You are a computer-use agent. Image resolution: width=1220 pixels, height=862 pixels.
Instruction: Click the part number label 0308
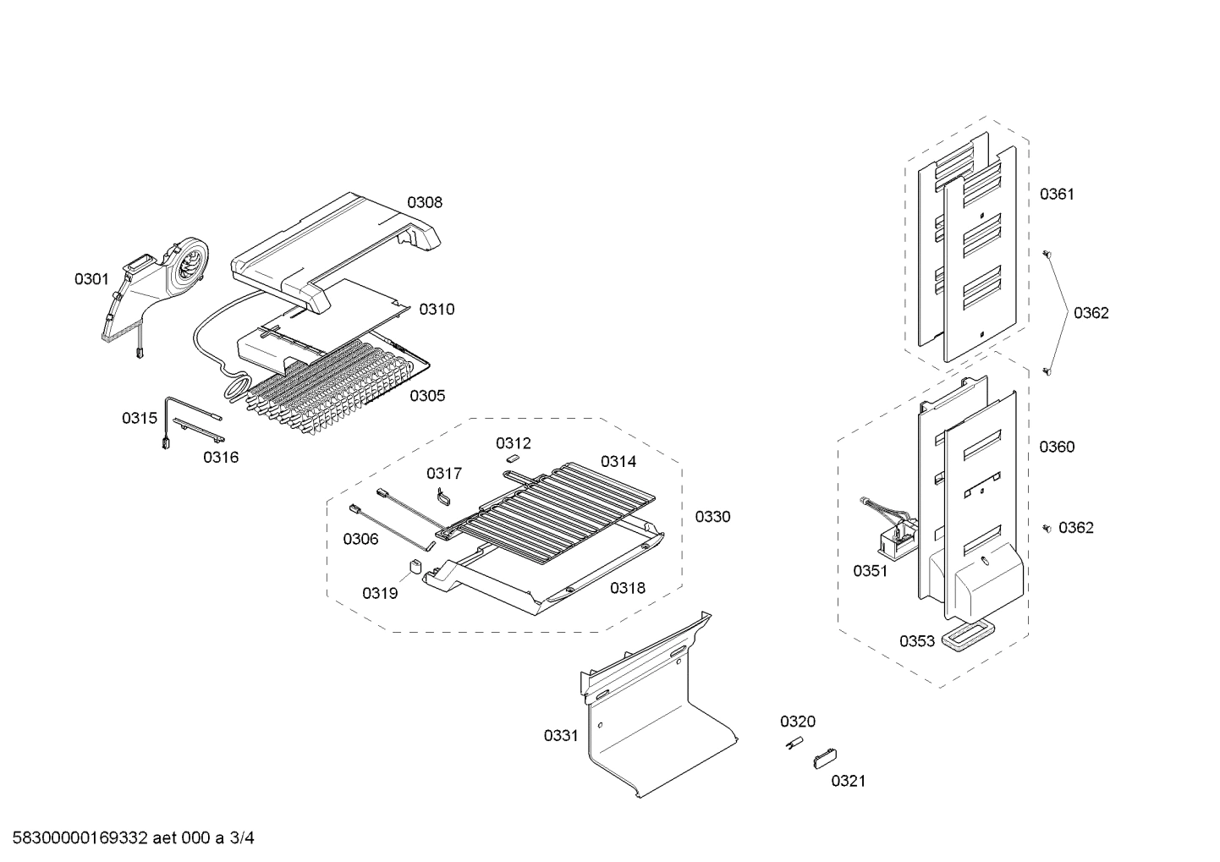pos(424,202)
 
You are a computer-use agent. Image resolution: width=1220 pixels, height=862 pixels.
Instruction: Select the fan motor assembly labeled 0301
pos(157,288)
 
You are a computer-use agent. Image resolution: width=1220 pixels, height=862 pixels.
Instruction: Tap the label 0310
pos(437,309)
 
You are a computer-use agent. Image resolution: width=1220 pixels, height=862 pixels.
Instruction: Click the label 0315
pos(139,418)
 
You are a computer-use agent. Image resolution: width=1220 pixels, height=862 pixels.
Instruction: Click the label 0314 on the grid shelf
pos(618,461)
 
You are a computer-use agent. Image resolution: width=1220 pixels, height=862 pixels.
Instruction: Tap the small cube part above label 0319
pos(415,566)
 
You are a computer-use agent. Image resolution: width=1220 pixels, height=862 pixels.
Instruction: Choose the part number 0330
pos(712,516)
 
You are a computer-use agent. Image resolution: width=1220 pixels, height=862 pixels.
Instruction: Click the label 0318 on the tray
pos(627,587)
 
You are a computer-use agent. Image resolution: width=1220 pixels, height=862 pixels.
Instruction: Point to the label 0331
pos(561,735)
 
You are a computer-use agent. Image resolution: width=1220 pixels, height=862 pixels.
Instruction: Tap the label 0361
pos(1057,194)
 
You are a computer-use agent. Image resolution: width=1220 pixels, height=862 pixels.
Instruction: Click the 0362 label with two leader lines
pos(1091,313)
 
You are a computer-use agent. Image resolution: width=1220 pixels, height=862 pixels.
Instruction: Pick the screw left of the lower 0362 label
pos(1047,528)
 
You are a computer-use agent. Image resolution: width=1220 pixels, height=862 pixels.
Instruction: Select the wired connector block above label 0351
pos(895,531)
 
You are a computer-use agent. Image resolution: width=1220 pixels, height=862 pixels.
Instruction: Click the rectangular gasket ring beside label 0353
pos(964,637)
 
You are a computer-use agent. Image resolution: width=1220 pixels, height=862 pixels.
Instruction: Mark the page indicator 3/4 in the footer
pos(242,838)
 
